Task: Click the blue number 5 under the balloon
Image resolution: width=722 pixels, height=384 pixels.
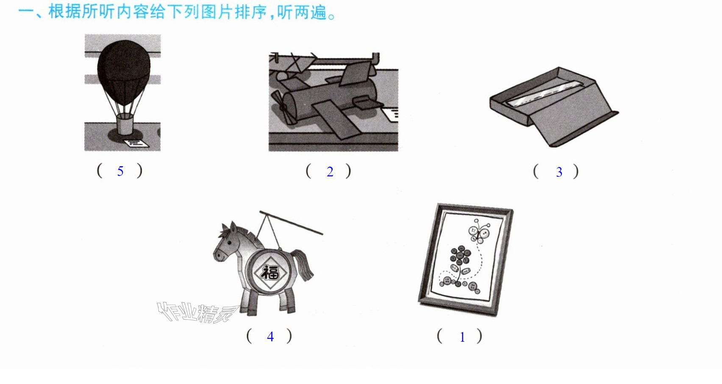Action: point(120,171)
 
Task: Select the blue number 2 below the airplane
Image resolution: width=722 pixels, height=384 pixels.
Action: point(330,172)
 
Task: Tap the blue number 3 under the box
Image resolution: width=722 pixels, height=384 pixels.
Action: point(559,173)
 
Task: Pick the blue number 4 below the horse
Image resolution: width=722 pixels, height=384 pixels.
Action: point(270,337)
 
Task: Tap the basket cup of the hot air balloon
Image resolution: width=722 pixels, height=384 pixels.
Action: point(125,124)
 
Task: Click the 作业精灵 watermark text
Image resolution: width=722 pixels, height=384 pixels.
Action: point(197,313)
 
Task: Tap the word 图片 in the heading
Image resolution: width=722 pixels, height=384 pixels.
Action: point(216,12)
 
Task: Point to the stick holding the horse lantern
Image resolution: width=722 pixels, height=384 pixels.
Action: point(291,222)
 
